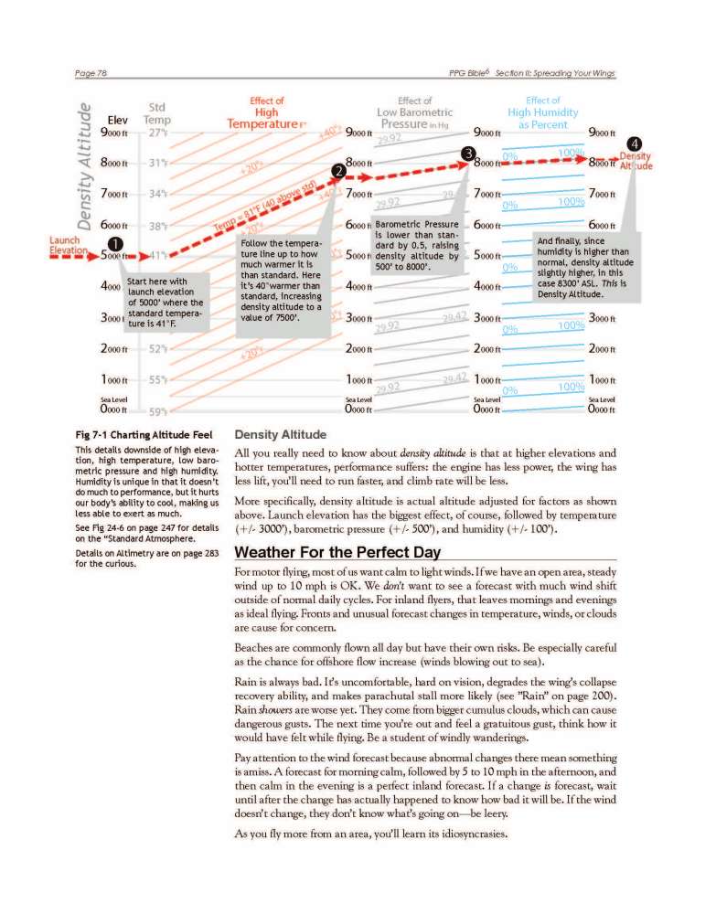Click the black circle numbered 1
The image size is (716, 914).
click(x=117, y=243)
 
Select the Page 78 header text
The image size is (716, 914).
click(x=92, y=73)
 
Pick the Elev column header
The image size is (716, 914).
click(x=117, y=119)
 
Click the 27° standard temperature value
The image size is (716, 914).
click(x=157, y=133)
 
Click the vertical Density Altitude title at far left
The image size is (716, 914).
click(x=85, y=165)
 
